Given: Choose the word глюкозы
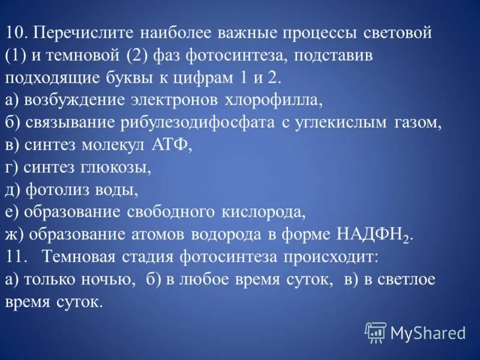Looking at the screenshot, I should [118, 168].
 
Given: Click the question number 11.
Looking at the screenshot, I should [16, 257].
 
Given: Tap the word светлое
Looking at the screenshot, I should [401, 280].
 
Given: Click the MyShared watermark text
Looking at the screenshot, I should [428, 332].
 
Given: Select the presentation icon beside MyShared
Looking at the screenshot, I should [376, 332].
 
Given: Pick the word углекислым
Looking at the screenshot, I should [329, 124].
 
